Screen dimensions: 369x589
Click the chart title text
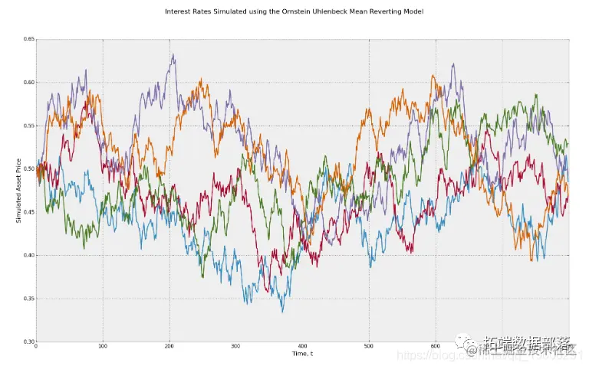(x=294, y=12)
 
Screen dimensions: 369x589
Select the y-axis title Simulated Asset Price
(x=19, y=190)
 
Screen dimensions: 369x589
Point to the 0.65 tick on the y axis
(x=29, y=39)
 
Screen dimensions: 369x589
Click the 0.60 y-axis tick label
(x=29, y=82)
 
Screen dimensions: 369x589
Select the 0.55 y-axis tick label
(x=29, y=126)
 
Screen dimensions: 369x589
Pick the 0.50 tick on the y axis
(x=29, y=168)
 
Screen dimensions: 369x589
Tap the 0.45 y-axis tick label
(x=29, y=212)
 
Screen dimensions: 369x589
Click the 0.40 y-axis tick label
(x=29, y=255)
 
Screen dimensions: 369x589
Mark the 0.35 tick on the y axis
(x=29, y=299)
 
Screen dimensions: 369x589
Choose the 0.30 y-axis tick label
(x=29, y=341)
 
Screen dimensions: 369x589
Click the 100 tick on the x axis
(x=103, y=347)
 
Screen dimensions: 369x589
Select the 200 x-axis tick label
(x=169, y=347)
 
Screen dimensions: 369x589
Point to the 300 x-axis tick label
(x=235, y=347)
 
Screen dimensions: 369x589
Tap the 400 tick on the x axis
(x=302, y=347)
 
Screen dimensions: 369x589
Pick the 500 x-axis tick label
(x=369, y=347)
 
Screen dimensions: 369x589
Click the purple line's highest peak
(x=173, y=54)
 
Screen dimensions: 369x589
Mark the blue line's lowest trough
(x=282, y=312)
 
